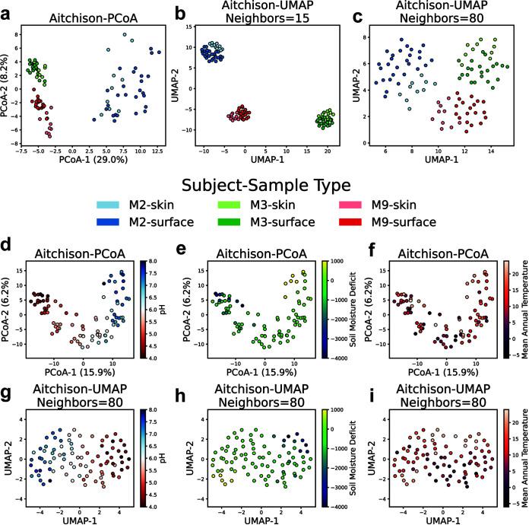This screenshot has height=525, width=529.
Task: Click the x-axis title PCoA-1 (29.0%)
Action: pyautogui.click(x=93, y=161)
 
